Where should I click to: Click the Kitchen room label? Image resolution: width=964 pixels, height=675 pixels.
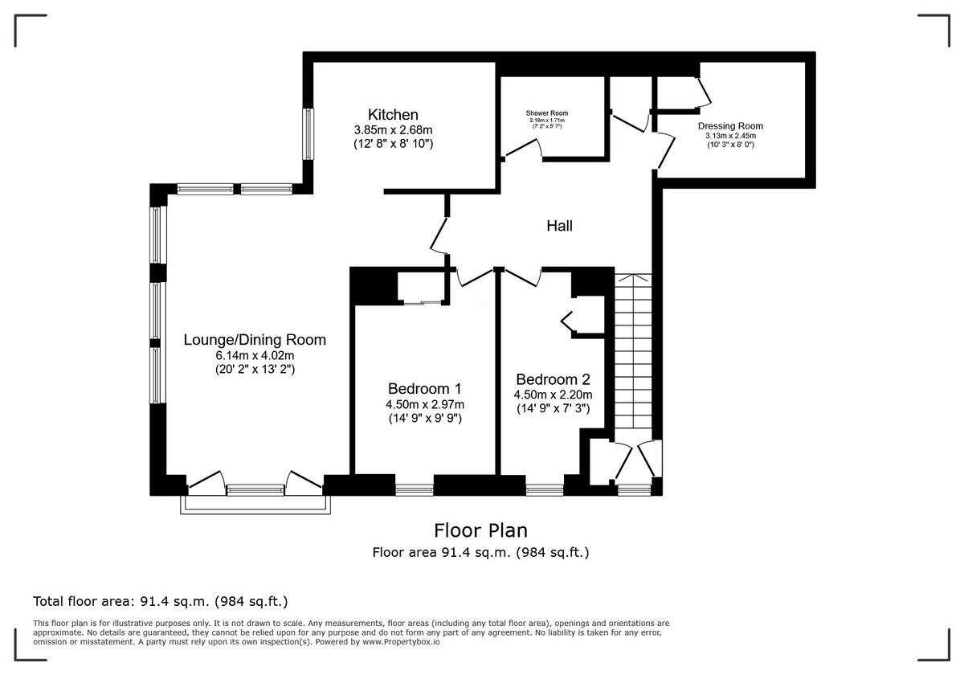click(393, 114)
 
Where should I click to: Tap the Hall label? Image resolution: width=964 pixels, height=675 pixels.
click(560, 227)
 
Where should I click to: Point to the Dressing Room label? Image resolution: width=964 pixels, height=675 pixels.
click(730, 126)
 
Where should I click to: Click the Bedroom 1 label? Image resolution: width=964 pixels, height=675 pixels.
click(425, 387)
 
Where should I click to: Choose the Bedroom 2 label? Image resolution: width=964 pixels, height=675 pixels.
click(553, 379)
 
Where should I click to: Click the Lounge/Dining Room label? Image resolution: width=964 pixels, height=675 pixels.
click(255, 339)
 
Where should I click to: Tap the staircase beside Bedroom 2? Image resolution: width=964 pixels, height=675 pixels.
click(633, 354)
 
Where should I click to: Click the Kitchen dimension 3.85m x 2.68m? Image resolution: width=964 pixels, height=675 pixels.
click(393, 129)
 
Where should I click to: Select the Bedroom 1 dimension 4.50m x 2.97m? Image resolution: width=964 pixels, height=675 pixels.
click(425, 403)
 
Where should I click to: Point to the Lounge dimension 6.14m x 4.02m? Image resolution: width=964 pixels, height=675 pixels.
click(255, 355)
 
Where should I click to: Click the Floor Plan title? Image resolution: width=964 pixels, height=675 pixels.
click(480, 530)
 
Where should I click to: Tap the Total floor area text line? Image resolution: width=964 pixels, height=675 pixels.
click(160, 601)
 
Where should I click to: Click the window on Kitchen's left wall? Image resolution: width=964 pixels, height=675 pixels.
click(308, 133)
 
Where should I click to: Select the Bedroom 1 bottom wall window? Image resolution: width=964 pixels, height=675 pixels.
click(415, 487)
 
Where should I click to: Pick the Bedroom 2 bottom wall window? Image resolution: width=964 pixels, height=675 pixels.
click(545, 487)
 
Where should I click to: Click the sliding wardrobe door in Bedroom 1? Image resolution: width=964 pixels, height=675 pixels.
click(422, 303)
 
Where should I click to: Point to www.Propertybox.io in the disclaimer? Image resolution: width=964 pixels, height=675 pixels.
click(400, 642)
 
